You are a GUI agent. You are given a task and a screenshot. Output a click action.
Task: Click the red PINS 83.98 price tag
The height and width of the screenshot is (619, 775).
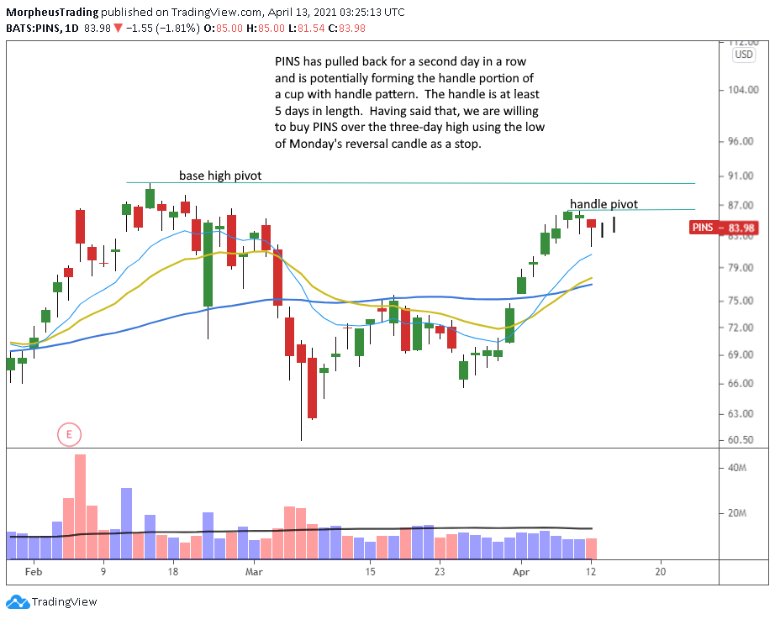point(719,227)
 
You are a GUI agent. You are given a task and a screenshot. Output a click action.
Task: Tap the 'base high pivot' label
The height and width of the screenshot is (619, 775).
point(220,176)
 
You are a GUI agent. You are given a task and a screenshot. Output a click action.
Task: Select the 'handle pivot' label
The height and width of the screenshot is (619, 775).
point(604,204)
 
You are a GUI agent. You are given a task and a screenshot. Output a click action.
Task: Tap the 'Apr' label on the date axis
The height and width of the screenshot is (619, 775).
point(521,572)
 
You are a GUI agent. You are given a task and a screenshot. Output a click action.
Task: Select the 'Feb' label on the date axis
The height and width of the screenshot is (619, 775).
point(33,572)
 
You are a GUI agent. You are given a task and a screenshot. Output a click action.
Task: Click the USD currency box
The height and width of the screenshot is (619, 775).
point(743,54)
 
